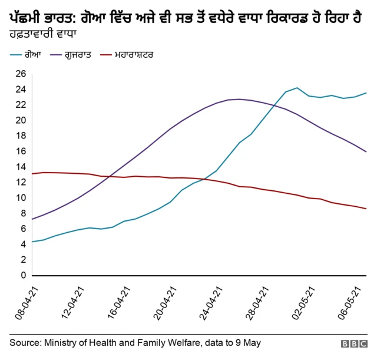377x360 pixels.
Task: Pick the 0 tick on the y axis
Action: pos(24,275)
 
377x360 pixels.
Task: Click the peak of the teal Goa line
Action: pos(297,88)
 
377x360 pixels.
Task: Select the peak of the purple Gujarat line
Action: pos(239,99)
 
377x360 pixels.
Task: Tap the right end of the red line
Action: pos(366,209)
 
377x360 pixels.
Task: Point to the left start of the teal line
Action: pos(32,242)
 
